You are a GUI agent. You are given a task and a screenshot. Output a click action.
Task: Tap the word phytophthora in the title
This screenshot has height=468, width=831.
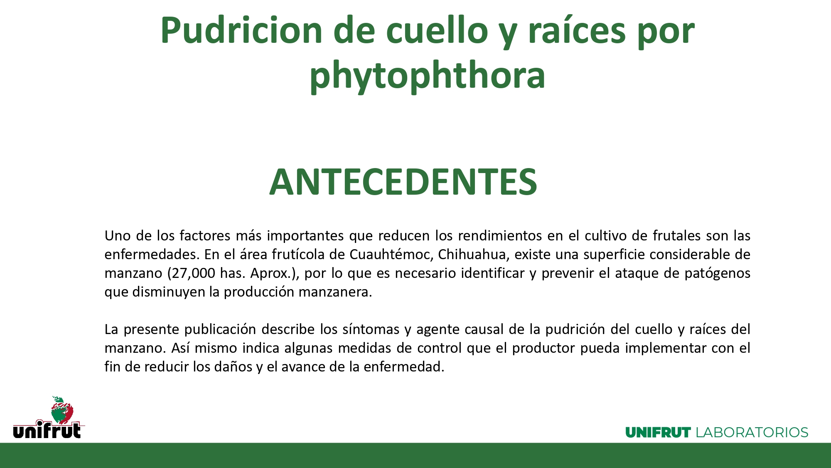click(427, 76)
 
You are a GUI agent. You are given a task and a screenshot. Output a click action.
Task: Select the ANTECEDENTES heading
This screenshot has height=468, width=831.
click(403, 182)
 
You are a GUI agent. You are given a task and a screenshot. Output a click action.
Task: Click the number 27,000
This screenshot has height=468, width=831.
click(189, 273)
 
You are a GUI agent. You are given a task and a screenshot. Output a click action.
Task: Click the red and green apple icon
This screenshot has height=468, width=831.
click(62, 409)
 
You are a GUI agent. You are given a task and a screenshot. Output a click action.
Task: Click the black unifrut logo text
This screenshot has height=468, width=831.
click(47, 430)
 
